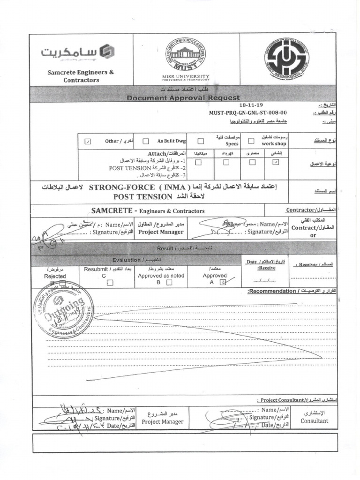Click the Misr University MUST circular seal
(186, 56)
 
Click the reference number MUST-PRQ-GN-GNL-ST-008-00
(248, 113)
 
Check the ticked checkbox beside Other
(88, 141)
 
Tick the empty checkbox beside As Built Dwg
(146, 141)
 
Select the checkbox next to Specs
(201, 141)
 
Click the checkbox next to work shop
(251, 141)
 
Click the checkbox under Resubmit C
(110, 283)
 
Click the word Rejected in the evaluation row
(55, 276)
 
